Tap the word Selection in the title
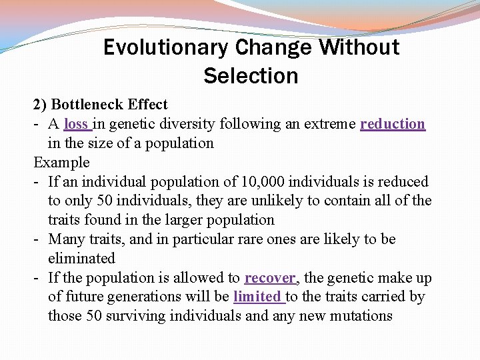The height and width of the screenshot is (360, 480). click(x=251, y=76)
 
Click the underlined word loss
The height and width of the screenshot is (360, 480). click(x=76, y=124)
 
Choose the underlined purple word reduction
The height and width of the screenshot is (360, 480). click(x=392, y=124)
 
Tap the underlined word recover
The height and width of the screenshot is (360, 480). click(x=269, y=278)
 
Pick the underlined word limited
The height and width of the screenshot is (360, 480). click(x=257, y=297)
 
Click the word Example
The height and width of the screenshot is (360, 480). click(x=61, y=163)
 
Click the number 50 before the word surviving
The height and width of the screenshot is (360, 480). click(x=95, y=316)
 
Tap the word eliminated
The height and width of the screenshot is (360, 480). click(x=81, y=259)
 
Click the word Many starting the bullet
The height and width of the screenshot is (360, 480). click(x=66, y=239)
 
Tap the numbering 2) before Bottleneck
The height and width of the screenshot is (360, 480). click(x=40, y=105)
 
